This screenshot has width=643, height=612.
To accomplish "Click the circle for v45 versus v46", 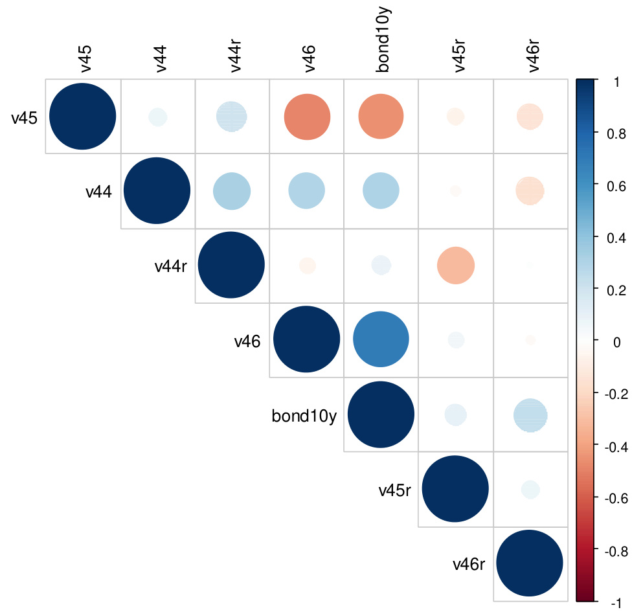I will click(307, 117).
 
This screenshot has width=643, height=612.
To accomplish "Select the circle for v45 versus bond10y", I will click(381, 117).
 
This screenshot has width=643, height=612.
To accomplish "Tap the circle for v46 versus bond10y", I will click(381, 340).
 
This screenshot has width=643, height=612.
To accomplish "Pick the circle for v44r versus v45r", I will click(455, 266).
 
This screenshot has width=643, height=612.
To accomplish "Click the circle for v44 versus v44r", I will click(232, 191).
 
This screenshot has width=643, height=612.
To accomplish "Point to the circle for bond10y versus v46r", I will click(530, 414).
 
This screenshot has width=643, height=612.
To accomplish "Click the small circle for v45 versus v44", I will click(157, 117).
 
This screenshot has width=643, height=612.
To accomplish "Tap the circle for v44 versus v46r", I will click(530, 191).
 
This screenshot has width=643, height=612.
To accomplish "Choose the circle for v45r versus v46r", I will click(530, 490).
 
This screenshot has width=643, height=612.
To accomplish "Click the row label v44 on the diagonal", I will click(99, 191).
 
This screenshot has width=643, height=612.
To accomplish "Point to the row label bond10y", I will click(304, 416).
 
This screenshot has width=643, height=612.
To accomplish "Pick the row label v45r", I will click(395, 490).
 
